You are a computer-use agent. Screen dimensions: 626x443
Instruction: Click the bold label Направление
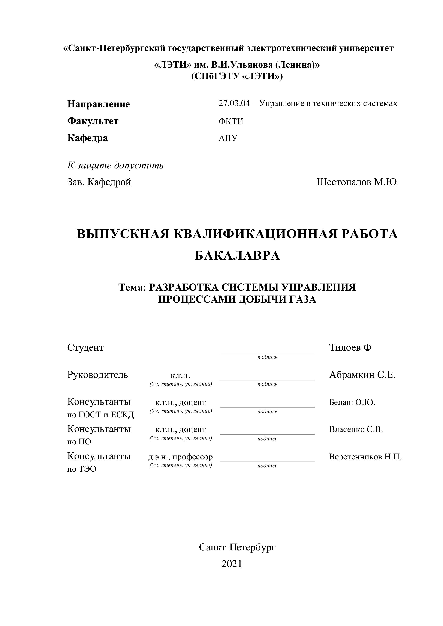(99, 104)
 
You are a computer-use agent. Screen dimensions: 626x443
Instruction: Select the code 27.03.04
(234, 104)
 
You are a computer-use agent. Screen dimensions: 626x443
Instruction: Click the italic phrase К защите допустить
(115, 165)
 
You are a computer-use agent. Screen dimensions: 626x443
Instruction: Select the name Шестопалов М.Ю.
(358, 182)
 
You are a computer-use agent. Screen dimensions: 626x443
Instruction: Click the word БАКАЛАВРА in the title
(237, 256)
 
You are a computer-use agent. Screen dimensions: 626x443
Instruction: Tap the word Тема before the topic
(131, 287)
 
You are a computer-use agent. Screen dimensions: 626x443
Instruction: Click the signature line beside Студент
(267, 353)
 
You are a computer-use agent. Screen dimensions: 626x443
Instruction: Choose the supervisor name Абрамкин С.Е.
(362, 375)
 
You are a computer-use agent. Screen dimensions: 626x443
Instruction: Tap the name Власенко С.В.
(356, 429)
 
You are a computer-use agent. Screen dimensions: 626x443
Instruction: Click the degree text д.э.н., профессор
(180, 457)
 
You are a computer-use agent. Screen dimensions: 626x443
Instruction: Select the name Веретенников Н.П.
(365, 457)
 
